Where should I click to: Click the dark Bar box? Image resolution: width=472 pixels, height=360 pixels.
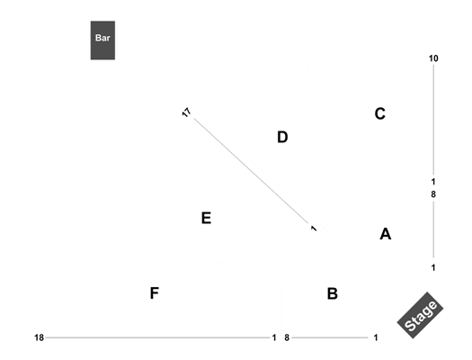[x=102, y=40]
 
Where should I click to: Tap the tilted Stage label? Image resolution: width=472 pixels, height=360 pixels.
[x=420, y=315]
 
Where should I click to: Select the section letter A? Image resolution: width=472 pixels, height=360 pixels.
[x=386, y=234]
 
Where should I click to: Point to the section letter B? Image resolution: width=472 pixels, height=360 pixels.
[x=333, y=293]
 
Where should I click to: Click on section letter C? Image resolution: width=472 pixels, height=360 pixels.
[x=380, y=113]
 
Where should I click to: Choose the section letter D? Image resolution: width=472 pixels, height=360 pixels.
[x=282, y=137]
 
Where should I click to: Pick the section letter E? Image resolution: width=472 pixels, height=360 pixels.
[x=206, y=218]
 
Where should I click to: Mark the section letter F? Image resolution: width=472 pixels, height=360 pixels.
[x=155, y=293]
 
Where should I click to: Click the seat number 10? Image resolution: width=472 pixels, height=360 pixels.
[x=433, y=58]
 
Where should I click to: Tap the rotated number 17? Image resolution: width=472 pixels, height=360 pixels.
[x=187, y=112]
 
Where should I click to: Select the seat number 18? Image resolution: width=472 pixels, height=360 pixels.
[x=40, y=337]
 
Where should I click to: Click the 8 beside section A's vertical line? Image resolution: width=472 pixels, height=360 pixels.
[x=433, y=194]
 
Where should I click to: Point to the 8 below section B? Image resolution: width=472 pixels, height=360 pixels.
[x=287, y=337]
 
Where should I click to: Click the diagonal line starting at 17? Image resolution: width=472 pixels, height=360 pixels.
[x=252, y=171]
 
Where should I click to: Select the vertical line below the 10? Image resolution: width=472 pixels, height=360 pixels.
[x=433, y=120]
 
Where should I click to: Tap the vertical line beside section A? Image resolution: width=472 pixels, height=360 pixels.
[x=433, y=229]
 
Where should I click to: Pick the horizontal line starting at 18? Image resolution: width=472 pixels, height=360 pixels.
[x=157, y=337]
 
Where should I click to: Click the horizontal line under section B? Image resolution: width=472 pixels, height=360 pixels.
[x=330, y=337]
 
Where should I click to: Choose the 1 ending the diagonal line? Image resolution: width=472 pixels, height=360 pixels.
[x=314, y=229]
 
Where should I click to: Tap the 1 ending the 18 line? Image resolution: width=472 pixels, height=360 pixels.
[x=274, y=337]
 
